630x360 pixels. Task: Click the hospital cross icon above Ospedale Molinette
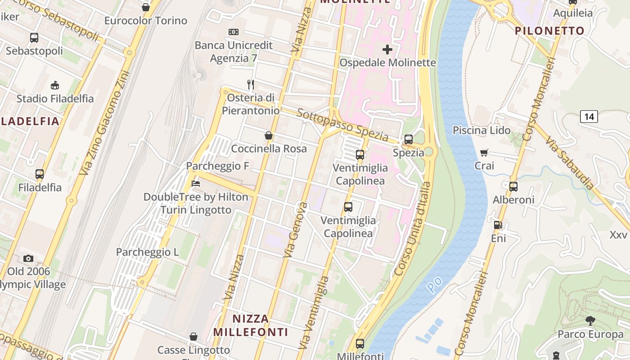coord(387,49)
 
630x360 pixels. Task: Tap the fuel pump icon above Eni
coord(498,225)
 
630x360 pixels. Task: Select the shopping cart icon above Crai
coord(484,153)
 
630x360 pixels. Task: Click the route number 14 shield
coord(589,117)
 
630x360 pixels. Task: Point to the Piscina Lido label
coord(481,130)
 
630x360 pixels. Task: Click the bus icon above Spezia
coord(409,139)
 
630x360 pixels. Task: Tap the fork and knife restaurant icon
coord(251,84)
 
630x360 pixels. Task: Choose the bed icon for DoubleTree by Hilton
coord(196,184)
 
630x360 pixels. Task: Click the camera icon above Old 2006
coord(28,258)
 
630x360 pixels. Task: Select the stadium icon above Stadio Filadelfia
coord(55,85)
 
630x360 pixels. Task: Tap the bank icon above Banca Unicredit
coord(234,32)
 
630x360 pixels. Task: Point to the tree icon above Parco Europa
coord(590,321)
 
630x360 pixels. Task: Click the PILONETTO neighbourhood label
coord(549,31)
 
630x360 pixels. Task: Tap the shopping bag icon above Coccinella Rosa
coord(269,135)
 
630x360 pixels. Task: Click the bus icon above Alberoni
coord(513,186)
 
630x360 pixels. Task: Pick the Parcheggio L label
coord(148,252)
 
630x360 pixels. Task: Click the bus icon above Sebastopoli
coord(34,38)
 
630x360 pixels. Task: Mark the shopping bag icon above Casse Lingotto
coord(193,337)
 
